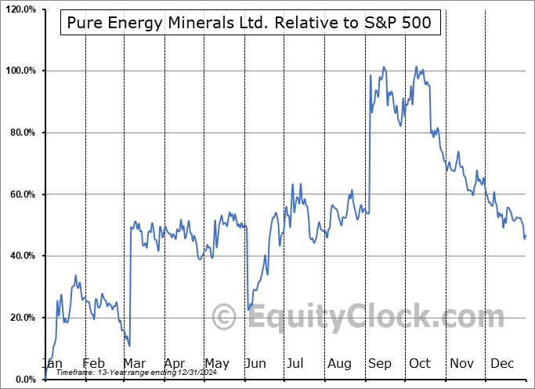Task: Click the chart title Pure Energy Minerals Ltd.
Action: (251, 24)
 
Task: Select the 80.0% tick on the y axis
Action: (20, 133)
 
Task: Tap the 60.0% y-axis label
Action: (20, 194)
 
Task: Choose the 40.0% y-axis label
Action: (20, 256)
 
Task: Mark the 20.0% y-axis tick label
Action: (20, 318)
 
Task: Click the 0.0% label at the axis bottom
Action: (23, 380)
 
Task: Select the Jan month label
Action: (52, 363)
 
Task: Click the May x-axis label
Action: (216, 363)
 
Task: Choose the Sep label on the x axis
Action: (380, 363)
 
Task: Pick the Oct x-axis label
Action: (420, 363)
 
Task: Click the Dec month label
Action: (501, 363)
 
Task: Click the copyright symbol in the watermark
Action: (225, 317)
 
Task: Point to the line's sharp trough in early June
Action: (248, 309)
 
